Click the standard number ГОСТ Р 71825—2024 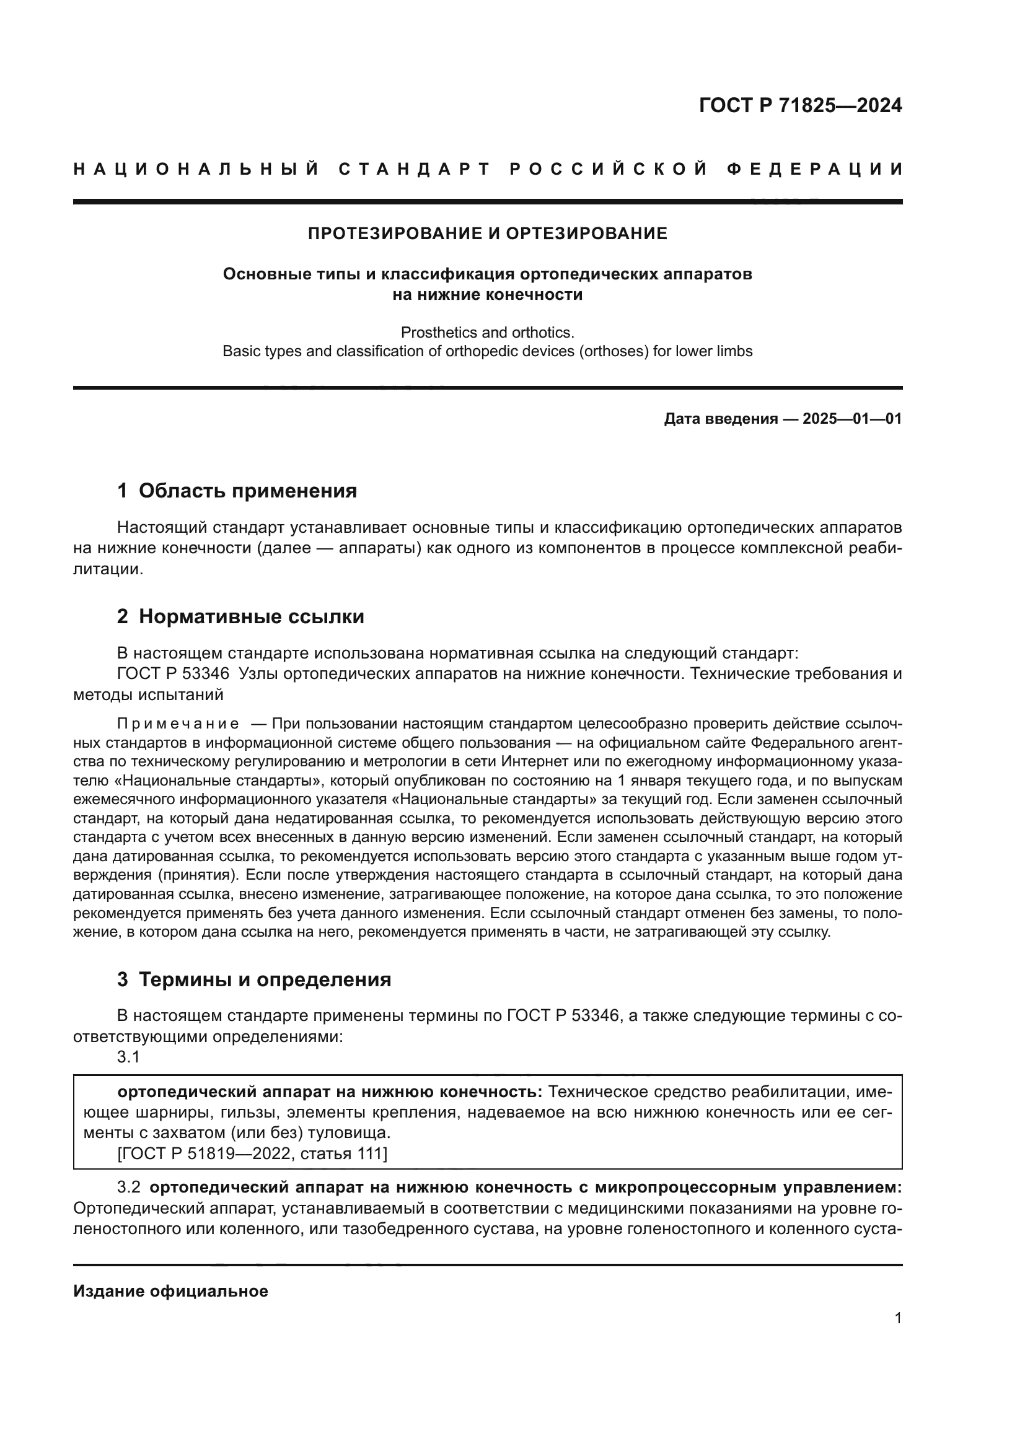pos(799,105)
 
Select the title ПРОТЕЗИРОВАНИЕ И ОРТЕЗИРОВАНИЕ pos(487,234)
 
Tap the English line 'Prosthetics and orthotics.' pos(487,332)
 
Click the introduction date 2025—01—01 pos(851,418)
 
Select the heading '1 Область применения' pos(237,491)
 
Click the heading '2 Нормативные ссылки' pos(240,616)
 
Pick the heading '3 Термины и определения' pos(253,979)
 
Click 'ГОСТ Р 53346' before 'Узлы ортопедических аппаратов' pos(174,673)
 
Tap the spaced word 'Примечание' pos(178,723)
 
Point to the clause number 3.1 pos(128,1057)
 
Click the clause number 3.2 pos(128,1187)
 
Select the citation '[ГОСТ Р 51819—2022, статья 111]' pos(252,1153)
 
